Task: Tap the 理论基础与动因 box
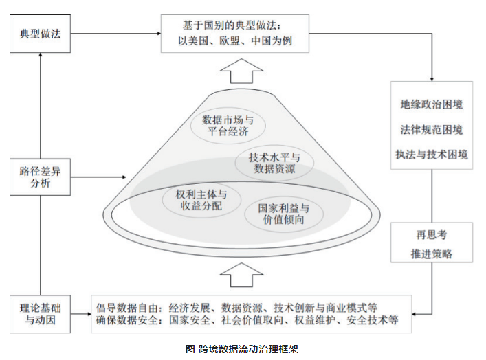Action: (41, 313)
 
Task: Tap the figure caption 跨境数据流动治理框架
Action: (243, 348)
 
